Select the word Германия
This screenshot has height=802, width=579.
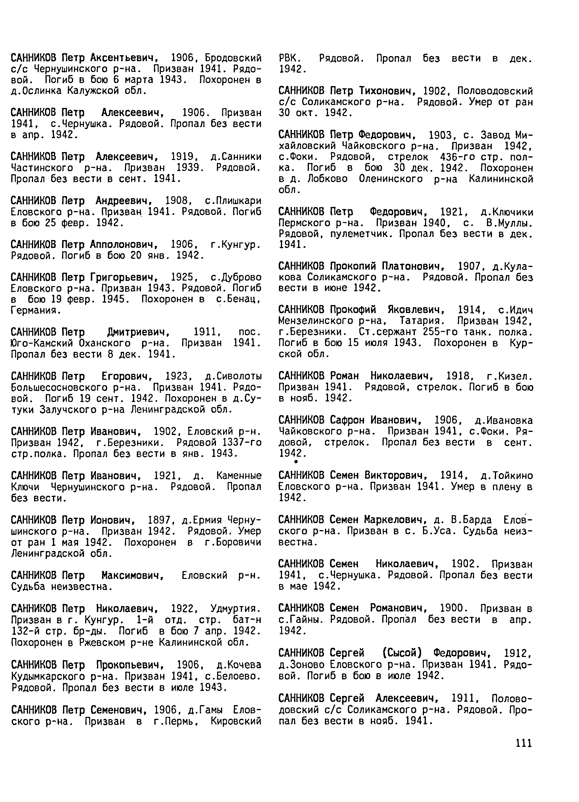pos(36,311)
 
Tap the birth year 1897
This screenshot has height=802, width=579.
pos(159,520)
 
